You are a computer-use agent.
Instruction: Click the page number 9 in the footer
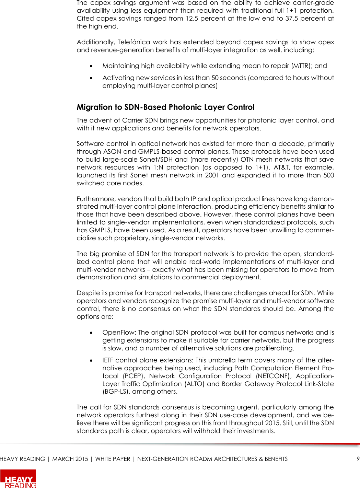tap(358, 459)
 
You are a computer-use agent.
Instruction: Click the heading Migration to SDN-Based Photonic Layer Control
tap(165, 107)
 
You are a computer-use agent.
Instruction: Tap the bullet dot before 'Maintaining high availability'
tap(91, 66)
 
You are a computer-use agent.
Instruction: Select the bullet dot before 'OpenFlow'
tap(91, 333)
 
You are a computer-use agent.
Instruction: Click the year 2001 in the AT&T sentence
tap(212, 175)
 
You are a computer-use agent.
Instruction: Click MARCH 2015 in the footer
tap(70, 459)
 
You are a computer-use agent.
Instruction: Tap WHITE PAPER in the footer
tap(113, 459)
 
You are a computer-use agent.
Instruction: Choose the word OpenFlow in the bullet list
tap(119, 333)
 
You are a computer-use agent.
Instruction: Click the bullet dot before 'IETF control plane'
tap(91, 360)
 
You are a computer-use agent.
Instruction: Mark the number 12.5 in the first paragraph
tap(192, 19)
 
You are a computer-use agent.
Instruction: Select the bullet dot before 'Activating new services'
tap(91, 78)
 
